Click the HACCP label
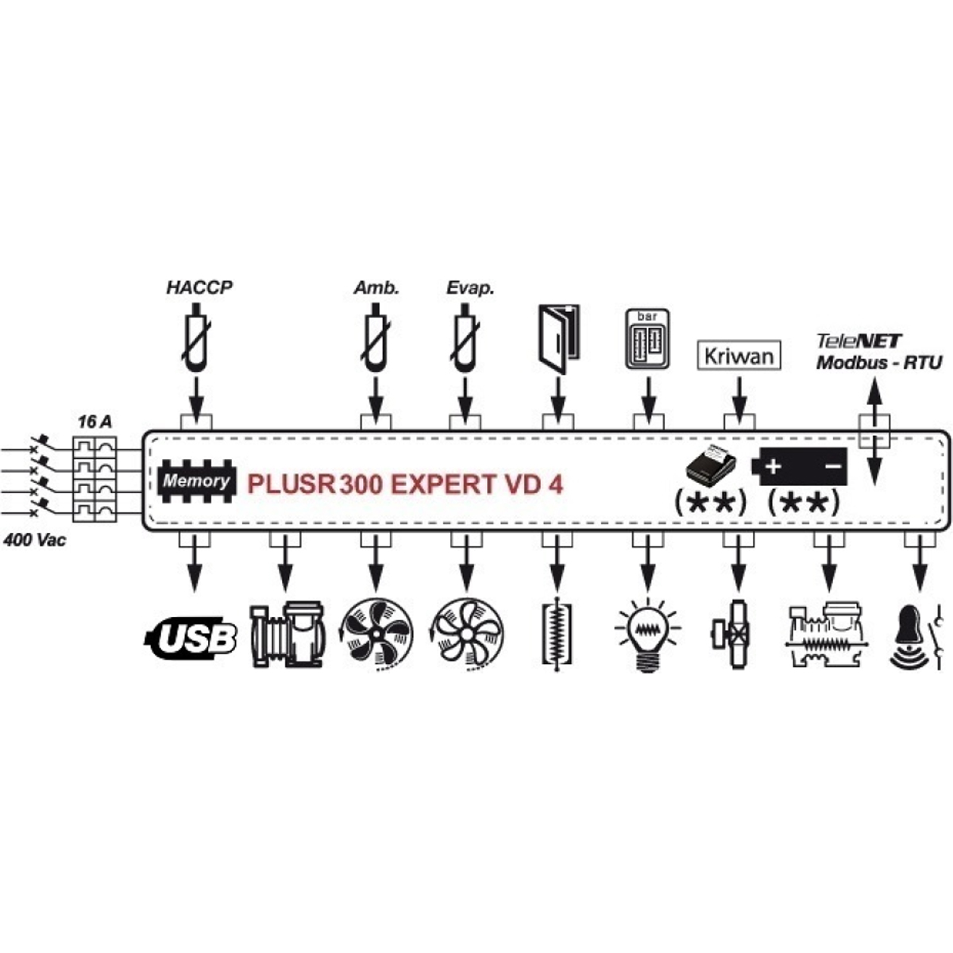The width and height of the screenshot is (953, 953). click(x=199, y=287)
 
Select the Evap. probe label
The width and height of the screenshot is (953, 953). click(x=470, y=287)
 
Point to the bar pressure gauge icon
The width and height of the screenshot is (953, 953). click(x=648, y=339)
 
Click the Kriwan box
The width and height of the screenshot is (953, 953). click(x=739, y=356)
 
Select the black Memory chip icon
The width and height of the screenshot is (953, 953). click(x=197, y=480)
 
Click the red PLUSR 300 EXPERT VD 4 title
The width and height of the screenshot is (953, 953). click(x=405, y=484)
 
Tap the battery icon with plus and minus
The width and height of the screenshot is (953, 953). click(x=799, y=466)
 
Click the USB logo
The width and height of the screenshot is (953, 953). click(x=191, y=638)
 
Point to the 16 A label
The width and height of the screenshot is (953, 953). click(x=95, y=422)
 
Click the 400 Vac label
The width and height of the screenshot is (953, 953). click(x=35, y=540)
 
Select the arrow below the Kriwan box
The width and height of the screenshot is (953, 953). click(x=739, y=400)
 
